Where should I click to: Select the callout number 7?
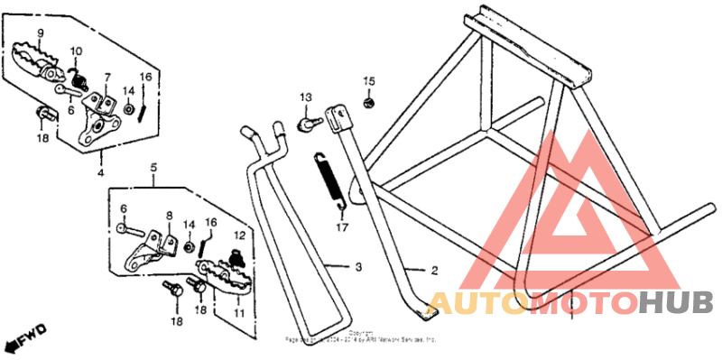tap(106, 77)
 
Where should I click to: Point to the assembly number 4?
tap(100, 171)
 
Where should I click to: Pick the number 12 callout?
tap(239, 235)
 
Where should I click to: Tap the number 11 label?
tap(239, 312)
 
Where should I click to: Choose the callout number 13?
tap(305, 97)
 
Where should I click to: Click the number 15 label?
tap(368, 82)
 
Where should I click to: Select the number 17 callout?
tap(341, 228)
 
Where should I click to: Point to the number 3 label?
tap(357, 267)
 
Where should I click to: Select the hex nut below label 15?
tap(368, 103)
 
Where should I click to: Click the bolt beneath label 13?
tap(308, 119)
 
